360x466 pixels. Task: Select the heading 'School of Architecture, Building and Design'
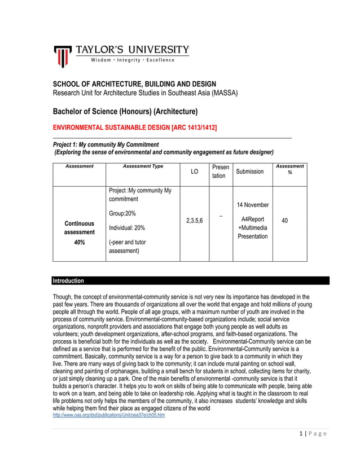(x=134, y=84)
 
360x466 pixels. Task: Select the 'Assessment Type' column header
(x=143, y=166)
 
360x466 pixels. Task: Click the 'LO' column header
(x=195, y=171)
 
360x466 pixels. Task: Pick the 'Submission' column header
(x=250, y=171)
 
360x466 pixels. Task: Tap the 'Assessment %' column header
(x=290, y=169)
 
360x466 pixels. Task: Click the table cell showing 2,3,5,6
(x=195, y=221)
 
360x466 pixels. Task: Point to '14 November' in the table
(x=253, y=205)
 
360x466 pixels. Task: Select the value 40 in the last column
(x=284, y=221)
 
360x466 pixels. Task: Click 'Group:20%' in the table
(x=122, y=213)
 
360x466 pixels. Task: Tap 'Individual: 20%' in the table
(x=127, y=228)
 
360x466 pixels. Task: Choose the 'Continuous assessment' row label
(x=79, y=227)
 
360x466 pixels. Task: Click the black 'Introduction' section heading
(x=68, y=280)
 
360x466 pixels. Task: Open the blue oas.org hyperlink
(x=108, y=415)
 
